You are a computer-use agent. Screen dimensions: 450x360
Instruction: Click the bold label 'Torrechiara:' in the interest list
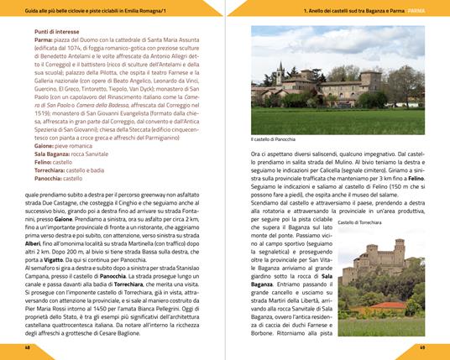click(54, 170)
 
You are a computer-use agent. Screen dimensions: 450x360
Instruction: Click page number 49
click(422, 346)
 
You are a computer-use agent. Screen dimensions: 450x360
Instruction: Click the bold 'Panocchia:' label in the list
click(50, 179)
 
